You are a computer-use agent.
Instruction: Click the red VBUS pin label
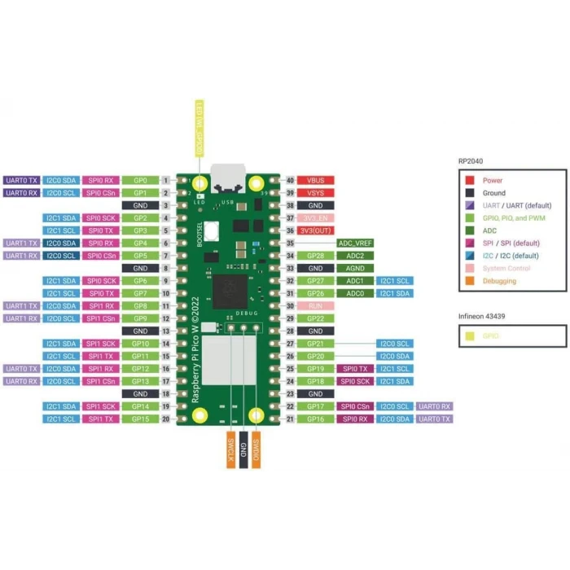click(x=317, y=180)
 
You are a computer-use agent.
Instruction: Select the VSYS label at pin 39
click(x=317, y=193)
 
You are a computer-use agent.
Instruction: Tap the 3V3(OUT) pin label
click(x=317, y=230)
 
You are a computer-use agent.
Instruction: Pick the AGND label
click(x=354, y=268)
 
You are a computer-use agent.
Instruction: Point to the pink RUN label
click(x=317, y=305)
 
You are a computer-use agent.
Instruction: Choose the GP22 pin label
click(x=317, y=318)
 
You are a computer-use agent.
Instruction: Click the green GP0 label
click(x=140, y=180)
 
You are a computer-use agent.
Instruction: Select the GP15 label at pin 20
click(x=140, y=419)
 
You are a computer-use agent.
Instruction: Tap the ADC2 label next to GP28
click(x=354, y=256)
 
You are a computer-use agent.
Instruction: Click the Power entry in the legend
click(x=493, y=180)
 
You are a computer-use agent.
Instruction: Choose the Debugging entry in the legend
click(x=498, y=281)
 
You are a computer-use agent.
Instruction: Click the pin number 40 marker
click(x=289, y=180)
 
